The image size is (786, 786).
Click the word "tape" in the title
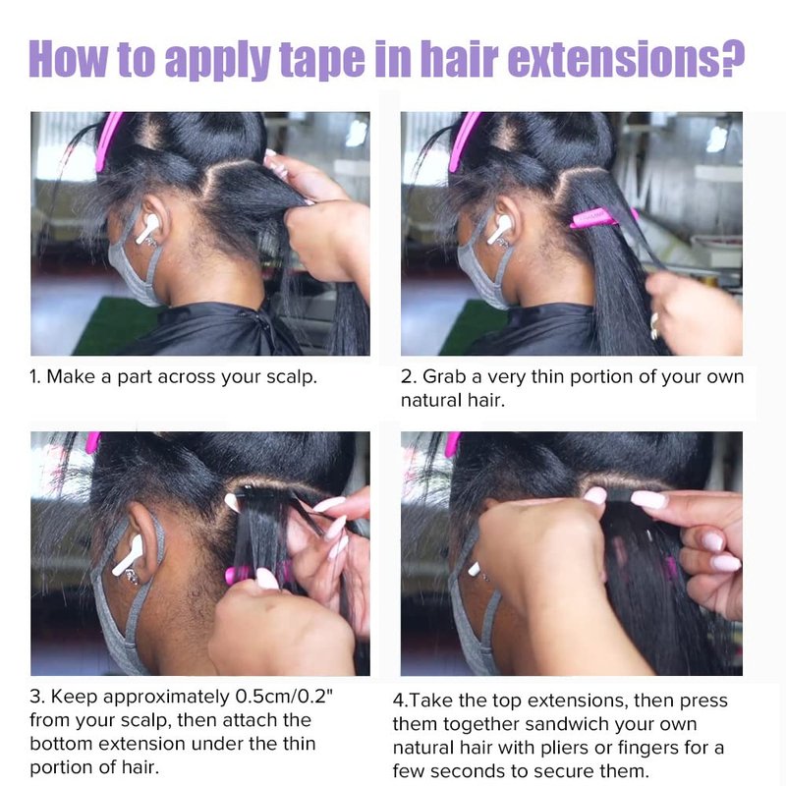[321, 60]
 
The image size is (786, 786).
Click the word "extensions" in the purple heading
[609, 59]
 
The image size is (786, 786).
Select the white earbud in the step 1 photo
[146, 229]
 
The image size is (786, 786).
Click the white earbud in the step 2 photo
[499, 229]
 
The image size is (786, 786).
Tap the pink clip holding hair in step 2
[604, 217]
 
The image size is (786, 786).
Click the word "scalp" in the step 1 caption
[291, 377]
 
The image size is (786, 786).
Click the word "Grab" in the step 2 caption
[445, 376]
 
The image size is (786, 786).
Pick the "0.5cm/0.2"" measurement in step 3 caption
[284, 697]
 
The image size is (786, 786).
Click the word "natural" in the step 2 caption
[428, 401]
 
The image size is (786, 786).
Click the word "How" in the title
[68, 59]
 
